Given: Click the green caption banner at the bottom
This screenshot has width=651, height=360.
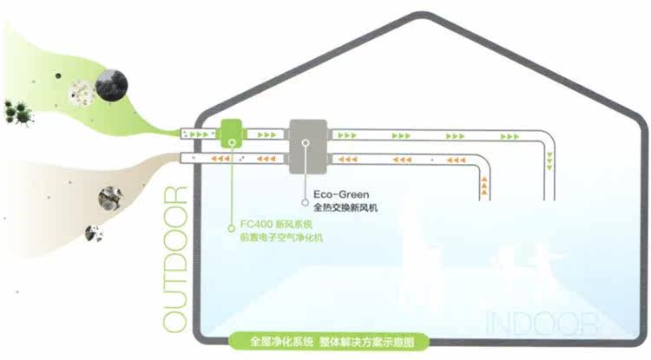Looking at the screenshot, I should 325,342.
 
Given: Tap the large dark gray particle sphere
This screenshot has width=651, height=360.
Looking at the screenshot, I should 113,85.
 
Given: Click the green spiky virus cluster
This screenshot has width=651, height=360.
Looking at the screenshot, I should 16,110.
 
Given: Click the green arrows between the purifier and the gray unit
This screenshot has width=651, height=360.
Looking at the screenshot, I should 267,135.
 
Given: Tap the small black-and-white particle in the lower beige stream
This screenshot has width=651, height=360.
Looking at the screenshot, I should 93,232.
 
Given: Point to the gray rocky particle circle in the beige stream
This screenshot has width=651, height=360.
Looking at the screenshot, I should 109,196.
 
